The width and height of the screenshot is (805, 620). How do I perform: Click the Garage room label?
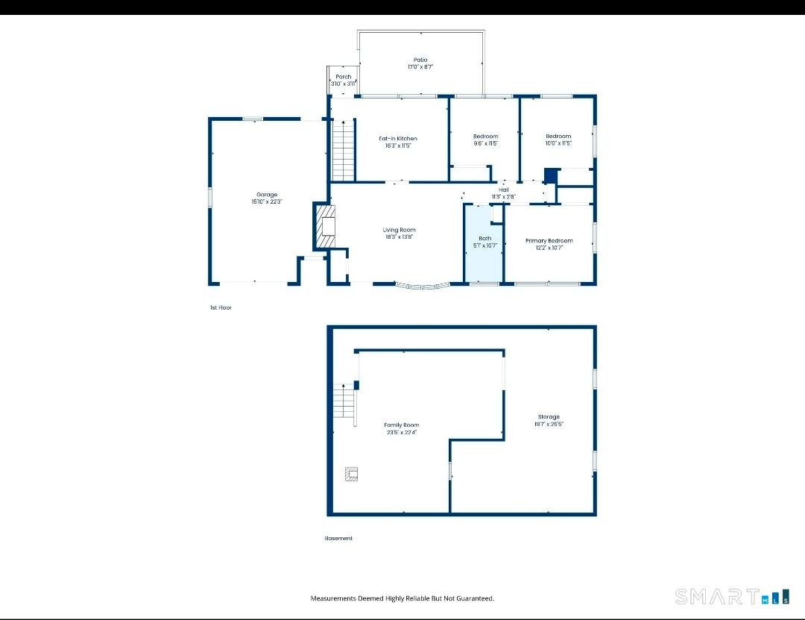[x=267, y=195]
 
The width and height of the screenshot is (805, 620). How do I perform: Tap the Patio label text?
[x=420, y=60]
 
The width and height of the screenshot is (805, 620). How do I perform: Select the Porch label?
[x=343, y=77]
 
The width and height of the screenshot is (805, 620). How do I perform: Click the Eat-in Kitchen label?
[x=398, y=139]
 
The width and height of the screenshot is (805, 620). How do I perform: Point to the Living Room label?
[x=399, y=230]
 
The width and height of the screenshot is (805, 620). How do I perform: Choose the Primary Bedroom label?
[x=549, y=240]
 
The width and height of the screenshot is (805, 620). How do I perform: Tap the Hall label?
[x=504, y=190]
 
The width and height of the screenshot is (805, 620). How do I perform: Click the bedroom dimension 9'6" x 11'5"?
[x=485, y=144]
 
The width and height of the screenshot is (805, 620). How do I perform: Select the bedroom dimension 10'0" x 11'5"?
[x=558, y=143]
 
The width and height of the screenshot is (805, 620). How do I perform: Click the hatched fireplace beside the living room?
[x=326, y=228]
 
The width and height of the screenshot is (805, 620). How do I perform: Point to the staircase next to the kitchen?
[x=342, y=151]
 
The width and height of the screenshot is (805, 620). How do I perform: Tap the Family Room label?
[x=401, y=425]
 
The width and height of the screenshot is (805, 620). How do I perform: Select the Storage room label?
[x=549, y=417]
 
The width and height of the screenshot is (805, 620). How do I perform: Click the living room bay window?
[x=422, y=286]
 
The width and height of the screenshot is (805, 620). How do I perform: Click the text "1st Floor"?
[x=221, y=307]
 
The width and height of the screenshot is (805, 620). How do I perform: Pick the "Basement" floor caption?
[x=338, y=538]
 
